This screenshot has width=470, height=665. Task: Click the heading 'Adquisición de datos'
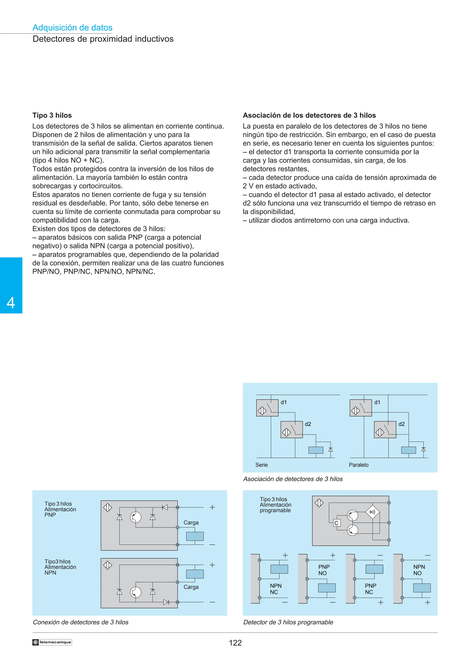[x=72, y=28]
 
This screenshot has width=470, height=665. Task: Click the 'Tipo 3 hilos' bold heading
[x=52, y=115]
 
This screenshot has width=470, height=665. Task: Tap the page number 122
[x=235, y=643]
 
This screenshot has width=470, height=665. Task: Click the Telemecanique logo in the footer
[x=52, y=642]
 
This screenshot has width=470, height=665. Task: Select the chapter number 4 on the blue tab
[x=11, y=303]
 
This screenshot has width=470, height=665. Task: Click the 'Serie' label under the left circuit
[x=261, y=465]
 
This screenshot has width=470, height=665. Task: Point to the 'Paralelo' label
[x=358, y=465]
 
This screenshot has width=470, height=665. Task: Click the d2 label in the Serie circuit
[x=308, y=424]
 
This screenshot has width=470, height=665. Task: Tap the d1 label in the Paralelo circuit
[x=377, y=402]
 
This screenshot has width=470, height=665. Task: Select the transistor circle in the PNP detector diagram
[x=136, y=517]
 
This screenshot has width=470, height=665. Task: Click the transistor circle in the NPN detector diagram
[x=136, y=592]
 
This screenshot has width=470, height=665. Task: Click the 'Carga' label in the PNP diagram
[x=191, y=522]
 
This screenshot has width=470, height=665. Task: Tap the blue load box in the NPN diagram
[x=195, y=574]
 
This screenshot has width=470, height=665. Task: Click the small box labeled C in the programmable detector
[x=336, y=523]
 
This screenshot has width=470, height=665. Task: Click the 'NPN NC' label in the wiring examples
[x=275, y=589]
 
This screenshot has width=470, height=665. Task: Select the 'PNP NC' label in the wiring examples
[x=370, y=589]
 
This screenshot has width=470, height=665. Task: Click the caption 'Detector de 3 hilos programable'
[x=288, y=622]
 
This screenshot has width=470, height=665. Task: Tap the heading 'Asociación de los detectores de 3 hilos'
[x=309, y=115]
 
